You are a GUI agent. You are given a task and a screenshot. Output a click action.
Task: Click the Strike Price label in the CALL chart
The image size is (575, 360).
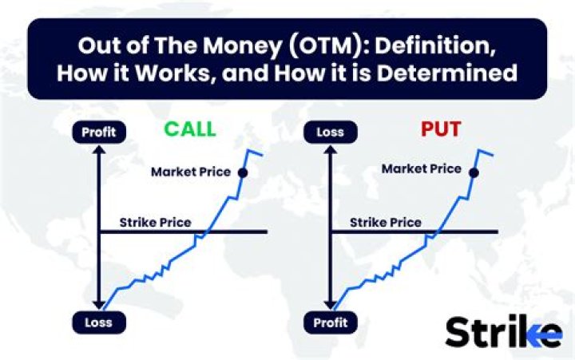click(x=155, y=222)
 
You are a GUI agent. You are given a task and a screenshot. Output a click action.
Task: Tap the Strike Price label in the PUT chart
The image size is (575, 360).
click(x=386, y=222)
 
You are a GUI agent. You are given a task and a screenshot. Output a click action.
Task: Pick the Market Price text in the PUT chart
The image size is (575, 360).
click(x=421, y=168)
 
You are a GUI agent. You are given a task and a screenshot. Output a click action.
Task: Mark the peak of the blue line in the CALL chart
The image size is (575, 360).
click(x=250, y=150)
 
